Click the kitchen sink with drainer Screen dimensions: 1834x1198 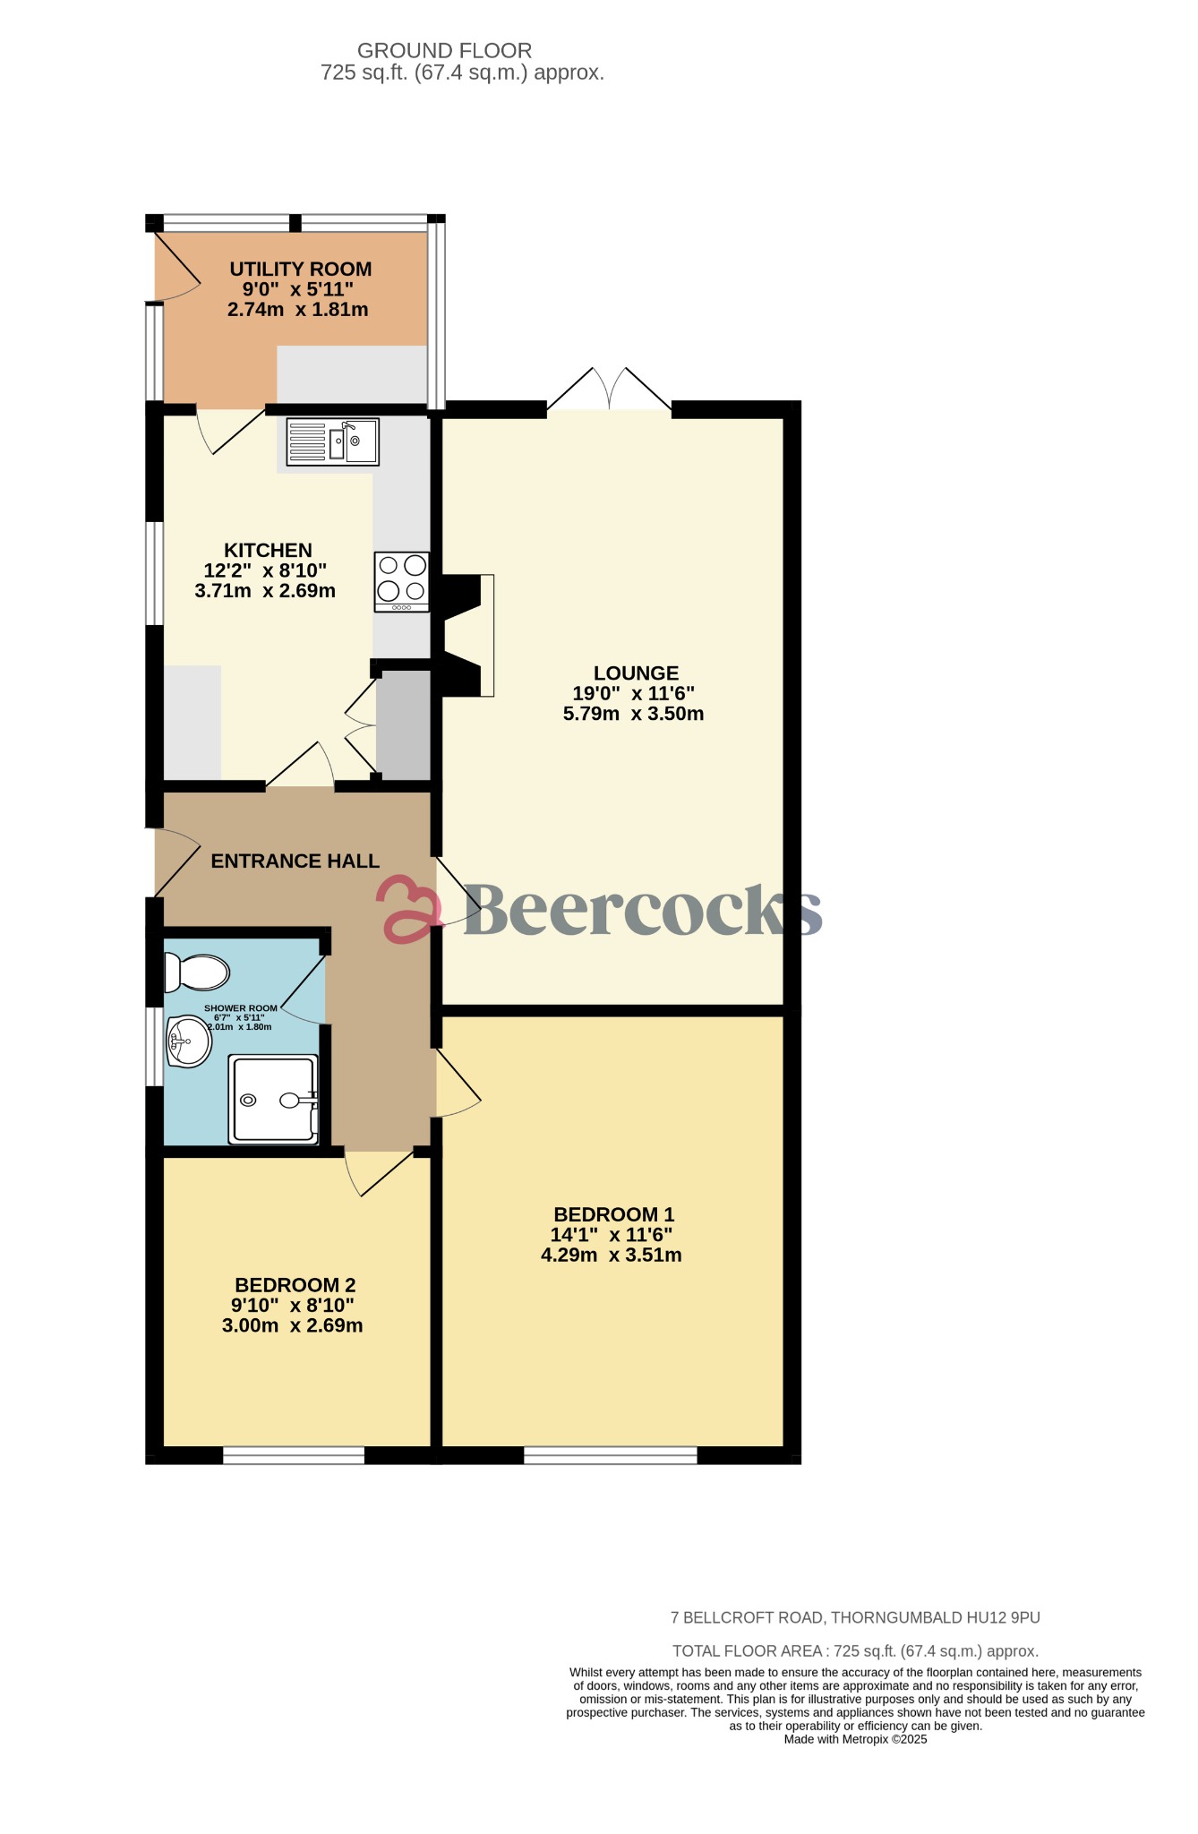tap(332, 442)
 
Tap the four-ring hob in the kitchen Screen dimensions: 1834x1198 tap(402, 581)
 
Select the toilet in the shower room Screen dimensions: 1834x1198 tap(197, 973)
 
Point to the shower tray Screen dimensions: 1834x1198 tap(273, 1100)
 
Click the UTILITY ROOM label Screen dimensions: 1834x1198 tap(300, 269)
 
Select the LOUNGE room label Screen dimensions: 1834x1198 tap(636, 673)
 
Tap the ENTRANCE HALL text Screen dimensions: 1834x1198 tap(295, 861)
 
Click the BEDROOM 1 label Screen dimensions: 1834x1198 tap(613, 1214)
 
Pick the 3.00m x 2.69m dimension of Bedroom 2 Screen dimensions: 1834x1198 tap(292, 1325)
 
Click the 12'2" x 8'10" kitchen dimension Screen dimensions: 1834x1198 tap(265, 570)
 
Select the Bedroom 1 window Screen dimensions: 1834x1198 tap(610, 1455)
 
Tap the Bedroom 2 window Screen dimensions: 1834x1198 tap(294, 1455)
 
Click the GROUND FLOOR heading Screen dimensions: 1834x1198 tap(444, 51)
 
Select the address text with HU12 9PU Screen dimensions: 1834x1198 tap(855, 1617)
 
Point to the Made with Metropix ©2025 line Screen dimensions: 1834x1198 tap(855, 1739)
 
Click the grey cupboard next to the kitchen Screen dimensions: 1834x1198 tap(404, 726)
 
